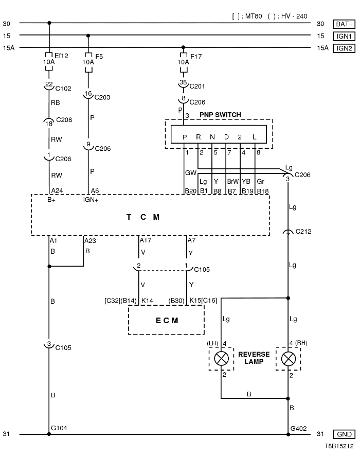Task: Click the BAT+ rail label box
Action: pyautogui.click(x=344, y=24)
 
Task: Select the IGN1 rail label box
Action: pyautogui.click(x=344, y=36)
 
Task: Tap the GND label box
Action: pyautogui.click(x=344, y=434)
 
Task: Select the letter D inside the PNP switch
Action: pyautogui.click(x=226, y=137)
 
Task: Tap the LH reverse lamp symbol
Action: pyautogui.click(x=222, y=358)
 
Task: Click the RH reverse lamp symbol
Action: pyautogui.click(x=288, y=358)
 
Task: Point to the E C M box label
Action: pyautogui.click(x=167, y=320)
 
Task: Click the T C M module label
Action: pyautogui.click(x=143, y=217)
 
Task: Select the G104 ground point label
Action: pyautogui.click(x=59, y=428)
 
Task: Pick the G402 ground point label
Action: pyautogui.click(x=298, y=428)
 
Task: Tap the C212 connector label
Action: pyautogui.click(x=303, y=232)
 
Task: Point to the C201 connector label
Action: pyautogui.click(x=197, y=86)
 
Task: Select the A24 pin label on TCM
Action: pyautogui.click(x=57, y=190)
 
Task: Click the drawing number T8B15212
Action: pyautogui.click(x=339, y=448)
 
